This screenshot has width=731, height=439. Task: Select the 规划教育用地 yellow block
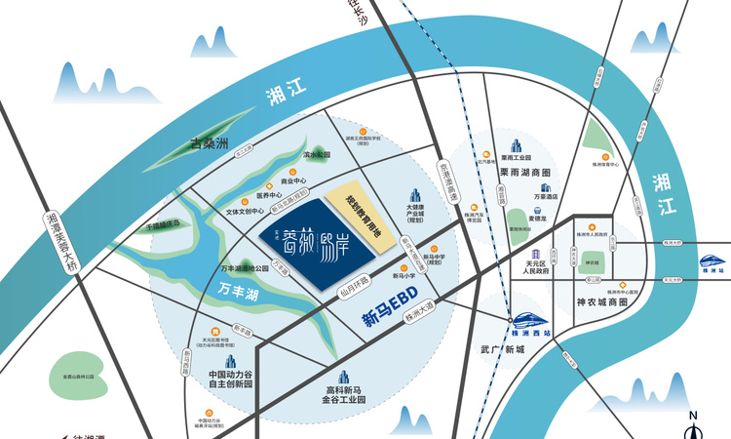click(x=368, y=217)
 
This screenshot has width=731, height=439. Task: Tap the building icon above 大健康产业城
click(x=414, y=196)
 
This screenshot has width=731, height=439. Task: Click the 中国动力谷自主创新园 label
click(x=231, y=379)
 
